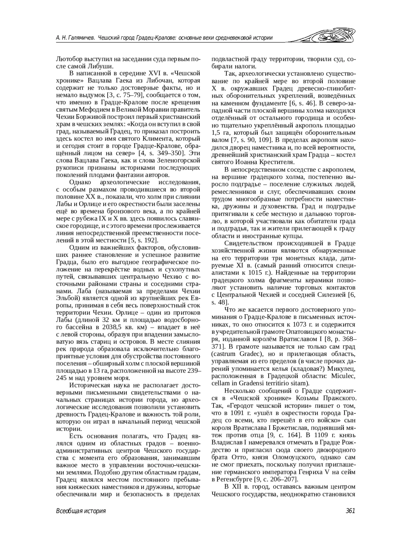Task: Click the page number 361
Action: coord(350,511)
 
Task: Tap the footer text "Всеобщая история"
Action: coord(81,511)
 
